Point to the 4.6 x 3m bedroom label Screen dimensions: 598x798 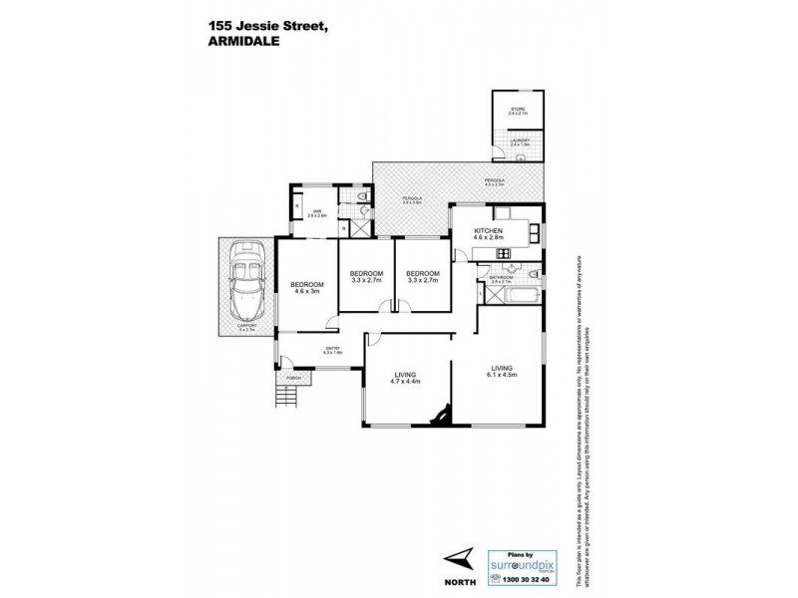click(x=308, y=288)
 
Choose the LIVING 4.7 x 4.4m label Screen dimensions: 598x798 click(x=405, y=377)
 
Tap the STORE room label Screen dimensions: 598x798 click(x=517, y=110)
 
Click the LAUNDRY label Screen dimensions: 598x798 click(x=519, y=142)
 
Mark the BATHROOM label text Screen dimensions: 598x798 click(x=501, y=278)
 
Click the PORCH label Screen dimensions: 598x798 click(x=293, y=379)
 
